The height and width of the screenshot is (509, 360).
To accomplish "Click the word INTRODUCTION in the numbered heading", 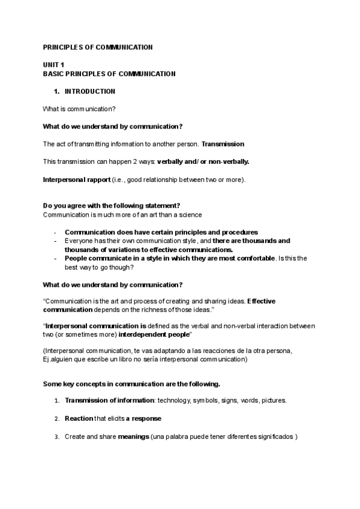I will pos(90,92).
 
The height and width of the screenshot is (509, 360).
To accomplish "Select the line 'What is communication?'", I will pos(79,109).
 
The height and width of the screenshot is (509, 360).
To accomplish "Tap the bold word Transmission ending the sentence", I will pos(223,144).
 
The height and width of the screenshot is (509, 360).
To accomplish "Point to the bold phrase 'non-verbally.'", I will pos(229,161).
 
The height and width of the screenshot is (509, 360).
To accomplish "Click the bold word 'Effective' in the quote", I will pos(261,301).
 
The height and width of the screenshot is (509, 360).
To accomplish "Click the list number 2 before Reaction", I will pos(56,418).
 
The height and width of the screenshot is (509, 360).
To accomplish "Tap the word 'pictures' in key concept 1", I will pos(271,400).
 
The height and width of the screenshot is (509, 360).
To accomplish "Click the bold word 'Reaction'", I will pos(79,418).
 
